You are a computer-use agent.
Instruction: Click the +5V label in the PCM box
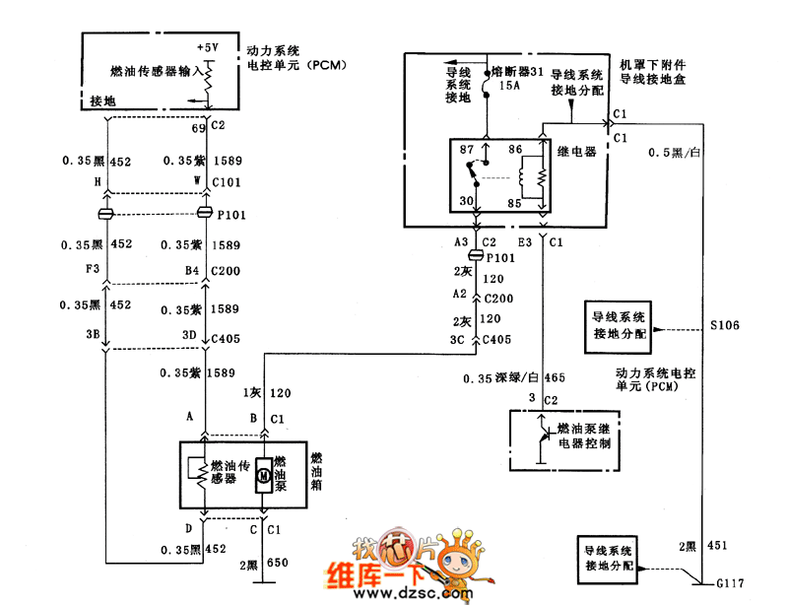209,46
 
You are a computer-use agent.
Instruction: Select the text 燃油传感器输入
156,71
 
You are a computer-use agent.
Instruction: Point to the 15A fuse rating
509,87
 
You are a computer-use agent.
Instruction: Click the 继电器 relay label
576,152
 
